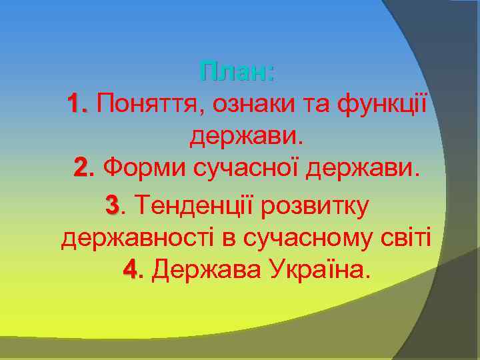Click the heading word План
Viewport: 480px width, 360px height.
pos(236,71)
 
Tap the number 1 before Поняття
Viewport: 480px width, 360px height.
pos(77,104)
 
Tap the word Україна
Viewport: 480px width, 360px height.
pos(317,270)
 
